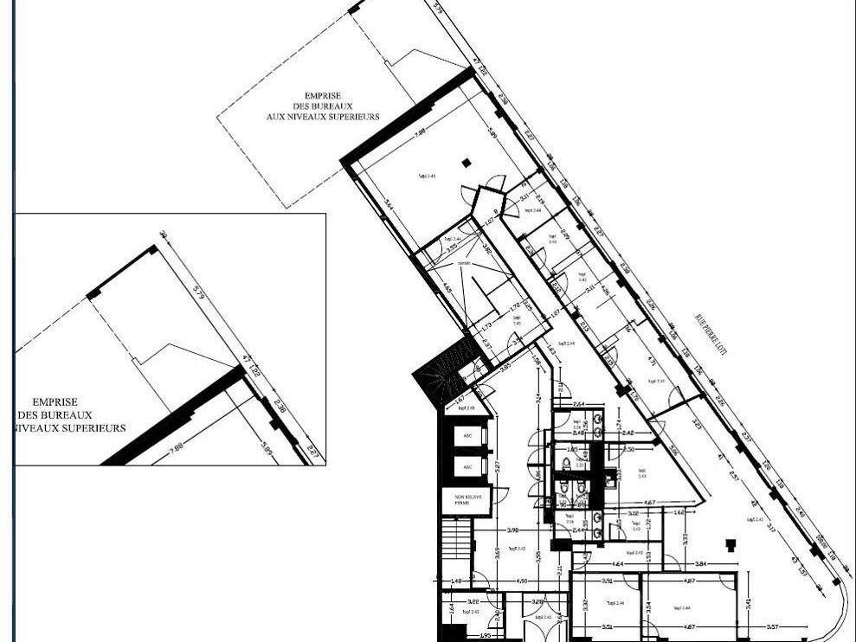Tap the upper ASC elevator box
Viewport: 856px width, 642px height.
click(467, 436)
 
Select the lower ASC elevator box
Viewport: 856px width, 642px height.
click(467, 467)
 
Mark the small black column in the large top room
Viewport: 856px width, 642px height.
click(467, 162)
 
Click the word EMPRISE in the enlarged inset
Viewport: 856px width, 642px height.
click(55, 402)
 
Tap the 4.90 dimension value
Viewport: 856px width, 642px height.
click(522, 581)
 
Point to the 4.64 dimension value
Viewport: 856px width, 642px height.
click(618, 563)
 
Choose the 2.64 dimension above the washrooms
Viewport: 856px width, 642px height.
click(579, 402)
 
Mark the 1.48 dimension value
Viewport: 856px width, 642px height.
click(457, 581)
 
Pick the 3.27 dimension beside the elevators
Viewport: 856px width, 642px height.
click(497, 467)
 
